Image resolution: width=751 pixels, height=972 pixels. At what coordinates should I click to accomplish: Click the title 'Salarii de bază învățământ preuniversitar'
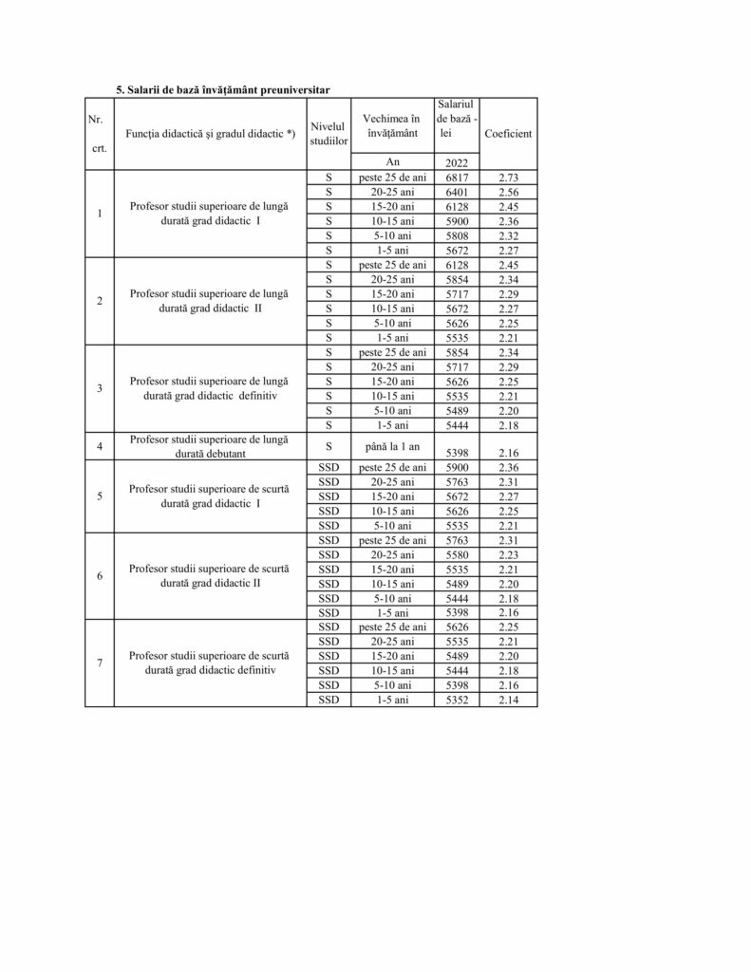click(229, 89)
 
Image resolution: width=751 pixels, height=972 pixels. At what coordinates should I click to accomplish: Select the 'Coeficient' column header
click(508, 134)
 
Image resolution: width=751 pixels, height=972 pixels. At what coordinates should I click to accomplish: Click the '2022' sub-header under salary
click(457, 162)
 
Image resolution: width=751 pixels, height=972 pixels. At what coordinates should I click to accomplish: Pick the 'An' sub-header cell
click(392, 162)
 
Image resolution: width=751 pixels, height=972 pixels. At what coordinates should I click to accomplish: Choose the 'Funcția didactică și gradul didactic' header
click(211, 134)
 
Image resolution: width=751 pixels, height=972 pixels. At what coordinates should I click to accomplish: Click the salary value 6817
click(457, 178)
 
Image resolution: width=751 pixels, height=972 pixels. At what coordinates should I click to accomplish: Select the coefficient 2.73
click(508, 178)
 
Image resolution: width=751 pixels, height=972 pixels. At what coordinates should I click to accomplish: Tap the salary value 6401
click(457, 192)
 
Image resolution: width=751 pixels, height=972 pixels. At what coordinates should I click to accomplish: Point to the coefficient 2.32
click(508, 235)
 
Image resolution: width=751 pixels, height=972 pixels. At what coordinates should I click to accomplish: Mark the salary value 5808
click(457, 235)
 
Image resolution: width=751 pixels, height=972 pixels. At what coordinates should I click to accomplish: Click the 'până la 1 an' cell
click(392, 444)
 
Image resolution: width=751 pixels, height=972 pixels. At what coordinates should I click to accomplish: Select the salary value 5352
click(457, 700)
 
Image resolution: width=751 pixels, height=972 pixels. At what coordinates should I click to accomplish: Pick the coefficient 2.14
click(508, 700)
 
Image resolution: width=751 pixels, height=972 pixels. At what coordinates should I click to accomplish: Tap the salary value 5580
click(457, 554)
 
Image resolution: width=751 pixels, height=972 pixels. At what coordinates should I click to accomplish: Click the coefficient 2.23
click(508, 554)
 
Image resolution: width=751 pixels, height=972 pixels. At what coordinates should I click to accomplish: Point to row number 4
click(100, 444)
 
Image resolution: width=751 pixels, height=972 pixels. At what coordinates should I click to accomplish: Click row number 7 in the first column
click(100, 663)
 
